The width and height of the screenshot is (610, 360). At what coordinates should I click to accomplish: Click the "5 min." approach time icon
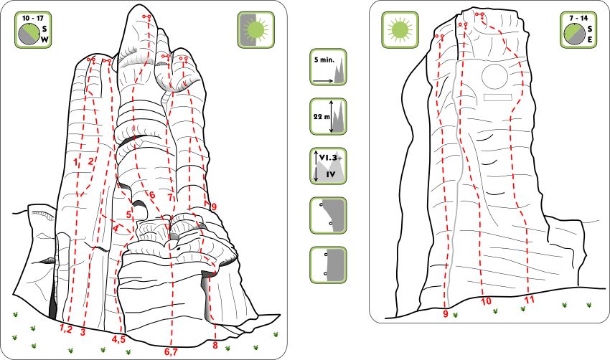(x=328, y=67)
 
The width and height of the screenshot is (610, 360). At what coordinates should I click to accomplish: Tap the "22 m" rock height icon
(x=328, y=117)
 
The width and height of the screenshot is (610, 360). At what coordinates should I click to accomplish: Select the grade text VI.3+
(x=331, y=158)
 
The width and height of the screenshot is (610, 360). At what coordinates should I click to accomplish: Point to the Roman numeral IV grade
(x=331, y=174)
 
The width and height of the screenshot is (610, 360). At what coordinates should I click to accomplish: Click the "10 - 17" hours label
(x=33, y=18)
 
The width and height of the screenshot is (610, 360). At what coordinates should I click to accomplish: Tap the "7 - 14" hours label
(x=578, y=18)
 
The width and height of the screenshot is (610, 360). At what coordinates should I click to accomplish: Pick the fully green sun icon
(x=400, y=30)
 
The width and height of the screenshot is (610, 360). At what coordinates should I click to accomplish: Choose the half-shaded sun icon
(x=256, y=30)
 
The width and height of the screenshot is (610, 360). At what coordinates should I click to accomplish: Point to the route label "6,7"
(x=171, y=352)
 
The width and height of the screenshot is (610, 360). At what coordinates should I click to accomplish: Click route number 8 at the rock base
(x=215, y=345)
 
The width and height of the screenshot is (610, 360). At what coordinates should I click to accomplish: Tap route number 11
(x=529, y=300)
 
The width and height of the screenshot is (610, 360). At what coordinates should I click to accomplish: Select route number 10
(x=487, y=301)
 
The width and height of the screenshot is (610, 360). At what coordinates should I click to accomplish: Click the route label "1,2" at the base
(x=66, y=329)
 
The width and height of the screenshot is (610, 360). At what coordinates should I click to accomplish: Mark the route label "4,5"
(x=118, y=339)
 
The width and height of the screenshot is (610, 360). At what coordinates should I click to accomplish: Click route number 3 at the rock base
(x=83, y=333)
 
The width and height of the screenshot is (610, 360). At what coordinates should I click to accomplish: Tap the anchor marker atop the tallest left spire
(x=146, y=17)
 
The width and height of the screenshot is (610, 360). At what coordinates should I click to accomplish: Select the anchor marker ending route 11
(x=479, y=15)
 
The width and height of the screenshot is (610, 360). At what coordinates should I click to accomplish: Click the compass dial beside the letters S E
(x=574, y=33)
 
